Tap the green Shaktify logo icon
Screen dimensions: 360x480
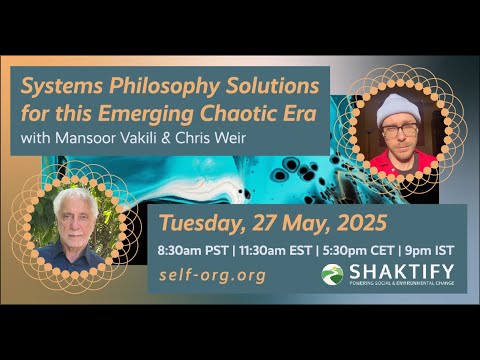[332, 274]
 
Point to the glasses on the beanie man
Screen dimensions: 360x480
[403, 130]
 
